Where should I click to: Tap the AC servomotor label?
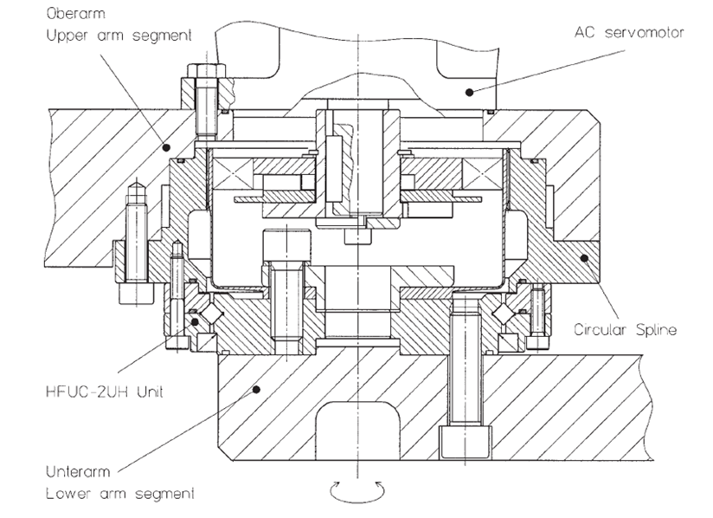629,32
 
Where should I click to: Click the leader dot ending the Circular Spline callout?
585,257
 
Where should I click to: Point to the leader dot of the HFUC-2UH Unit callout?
195,321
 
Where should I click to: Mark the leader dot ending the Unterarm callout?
255,391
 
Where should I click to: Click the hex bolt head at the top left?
201,74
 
